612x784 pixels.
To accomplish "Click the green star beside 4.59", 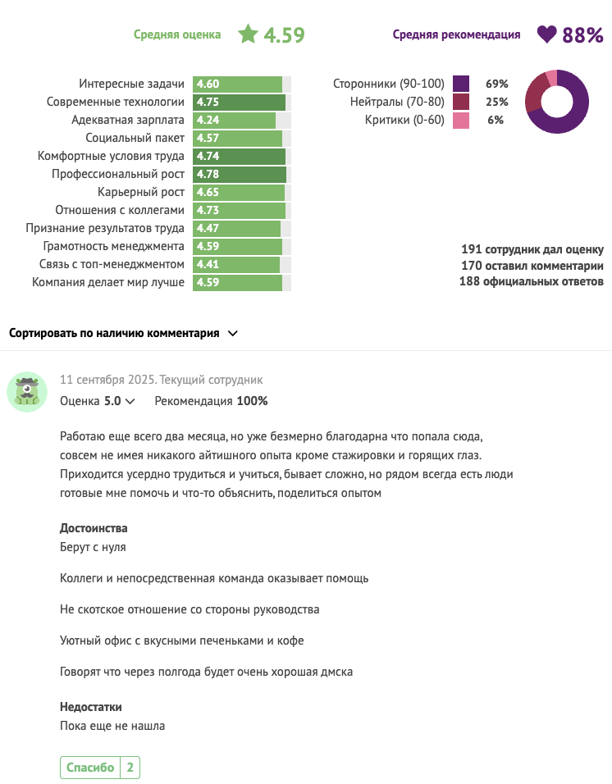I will pos(248,34).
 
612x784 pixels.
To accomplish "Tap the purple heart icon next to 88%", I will pos(546,34).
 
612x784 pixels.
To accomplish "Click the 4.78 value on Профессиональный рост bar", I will pos(208,175).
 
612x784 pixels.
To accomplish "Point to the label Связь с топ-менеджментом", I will pos(112,265).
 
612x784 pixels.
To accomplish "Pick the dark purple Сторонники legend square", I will pos(460,84).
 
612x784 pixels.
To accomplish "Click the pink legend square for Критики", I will pos(460,121).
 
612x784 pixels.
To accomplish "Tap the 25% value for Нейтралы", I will pos(497,103).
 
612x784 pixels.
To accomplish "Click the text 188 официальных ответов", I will pos(531,282).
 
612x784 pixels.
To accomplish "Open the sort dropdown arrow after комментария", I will pos(232,334).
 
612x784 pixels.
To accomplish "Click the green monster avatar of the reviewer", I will pos(27,391).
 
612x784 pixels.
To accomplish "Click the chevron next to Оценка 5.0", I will pos(130,402).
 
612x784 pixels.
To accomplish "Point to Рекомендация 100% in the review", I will pos(211,401).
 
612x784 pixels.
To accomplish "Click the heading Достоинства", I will pos(94,528).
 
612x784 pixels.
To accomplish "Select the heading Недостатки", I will pos(91,707).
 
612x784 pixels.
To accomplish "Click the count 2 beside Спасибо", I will pos(130,768).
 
